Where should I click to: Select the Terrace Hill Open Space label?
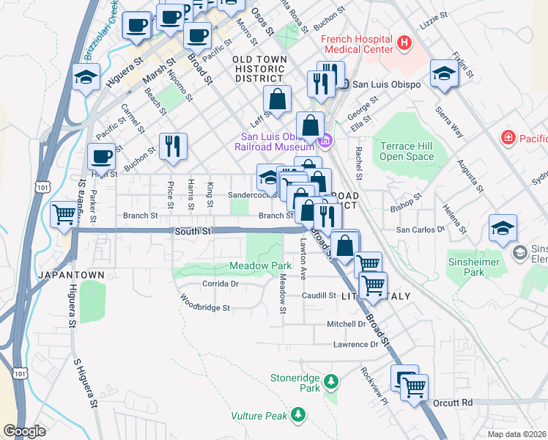tap(407, 151)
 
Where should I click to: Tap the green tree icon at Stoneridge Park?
tap(331, 381)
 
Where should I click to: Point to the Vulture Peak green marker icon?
tap(297, 416)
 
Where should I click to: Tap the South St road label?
tap(192, 231)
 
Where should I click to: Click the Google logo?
tap(25, 431)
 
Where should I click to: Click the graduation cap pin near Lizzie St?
tap(444, 73)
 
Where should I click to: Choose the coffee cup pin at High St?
tap(101, 156)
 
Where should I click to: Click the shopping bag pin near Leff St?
tap(278, 99)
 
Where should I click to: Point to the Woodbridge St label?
tap(206, 302)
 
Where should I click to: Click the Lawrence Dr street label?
tap(355, 345)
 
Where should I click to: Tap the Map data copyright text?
tap(517, 434)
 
